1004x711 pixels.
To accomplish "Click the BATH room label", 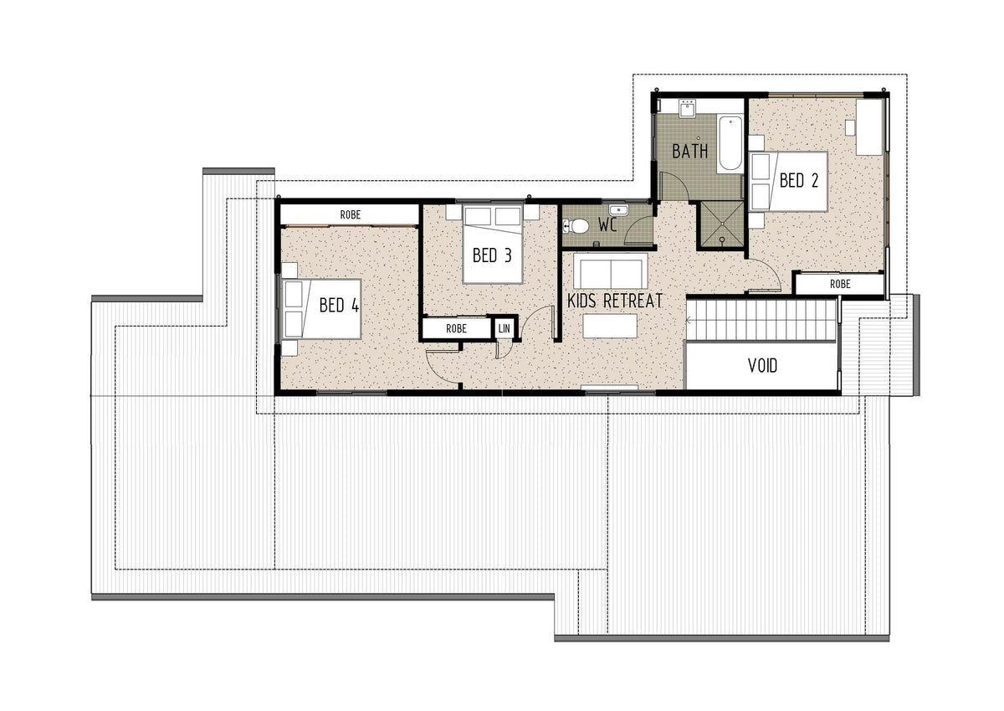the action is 690,152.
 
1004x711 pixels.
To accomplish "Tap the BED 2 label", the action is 799,180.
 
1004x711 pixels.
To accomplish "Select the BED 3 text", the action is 492,255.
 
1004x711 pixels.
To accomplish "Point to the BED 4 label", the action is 339,305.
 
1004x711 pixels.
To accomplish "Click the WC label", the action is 607,224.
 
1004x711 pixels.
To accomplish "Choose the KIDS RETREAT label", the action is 614,301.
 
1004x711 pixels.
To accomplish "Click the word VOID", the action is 762,366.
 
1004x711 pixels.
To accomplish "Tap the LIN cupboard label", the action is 505,328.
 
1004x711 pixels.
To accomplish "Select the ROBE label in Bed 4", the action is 350,215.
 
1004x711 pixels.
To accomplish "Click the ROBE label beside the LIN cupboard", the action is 456,328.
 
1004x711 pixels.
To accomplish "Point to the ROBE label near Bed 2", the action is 840,284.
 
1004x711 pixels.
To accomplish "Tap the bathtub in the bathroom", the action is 730,143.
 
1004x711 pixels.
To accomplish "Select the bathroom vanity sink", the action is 687,108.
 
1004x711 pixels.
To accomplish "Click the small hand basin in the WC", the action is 619,209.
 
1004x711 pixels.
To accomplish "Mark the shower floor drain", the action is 721,240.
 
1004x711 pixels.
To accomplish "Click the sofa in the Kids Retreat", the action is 611,271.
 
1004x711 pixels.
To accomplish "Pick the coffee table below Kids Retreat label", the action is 610,326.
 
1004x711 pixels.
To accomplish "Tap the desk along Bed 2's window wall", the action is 870,127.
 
